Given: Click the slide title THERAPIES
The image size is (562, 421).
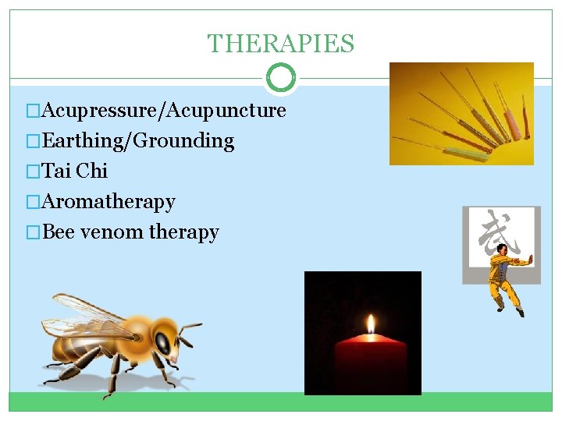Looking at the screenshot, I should pos(280,44).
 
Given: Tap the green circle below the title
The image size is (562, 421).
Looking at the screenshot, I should pos(280,78).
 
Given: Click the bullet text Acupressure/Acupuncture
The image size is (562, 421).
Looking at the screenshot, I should pos(164,111).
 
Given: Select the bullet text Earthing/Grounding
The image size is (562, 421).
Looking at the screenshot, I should pos(138,141).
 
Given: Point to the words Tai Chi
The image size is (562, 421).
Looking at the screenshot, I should pos(75,172).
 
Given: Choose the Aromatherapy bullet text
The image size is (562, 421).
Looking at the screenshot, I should pos(108,202).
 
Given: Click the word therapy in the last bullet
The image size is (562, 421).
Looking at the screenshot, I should pos(184,232).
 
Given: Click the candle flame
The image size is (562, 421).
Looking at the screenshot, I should pos(371,324).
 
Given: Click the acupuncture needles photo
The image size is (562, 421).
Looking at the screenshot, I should pos(461,114).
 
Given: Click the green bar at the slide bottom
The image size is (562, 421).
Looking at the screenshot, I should pos(280,402).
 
